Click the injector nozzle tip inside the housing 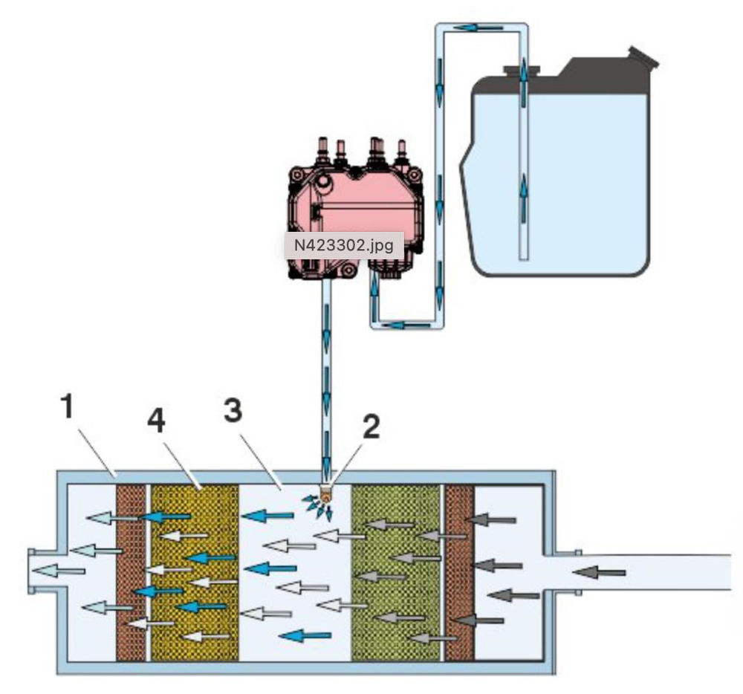[325, 493]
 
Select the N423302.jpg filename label [344, 244]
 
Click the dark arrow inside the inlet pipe [600, 571]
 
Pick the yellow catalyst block [194, 572]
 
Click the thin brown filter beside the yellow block [131, 572]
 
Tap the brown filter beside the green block [458, 572]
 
